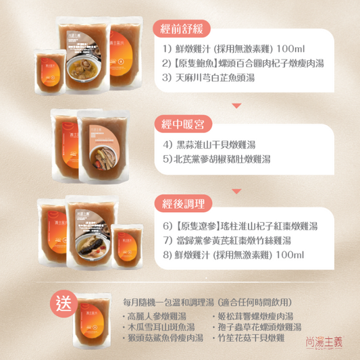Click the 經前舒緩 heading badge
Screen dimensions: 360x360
[x=182, y=28]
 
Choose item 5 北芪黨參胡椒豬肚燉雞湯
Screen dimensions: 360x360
[x=216, y=160]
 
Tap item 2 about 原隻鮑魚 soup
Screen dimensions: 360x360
[x=243, y=64]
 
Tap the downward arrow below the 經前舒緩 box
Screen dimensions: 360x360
[x=237, y=105]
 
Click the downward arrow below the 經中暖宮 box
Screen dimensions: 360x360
[x=237, y=184]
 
